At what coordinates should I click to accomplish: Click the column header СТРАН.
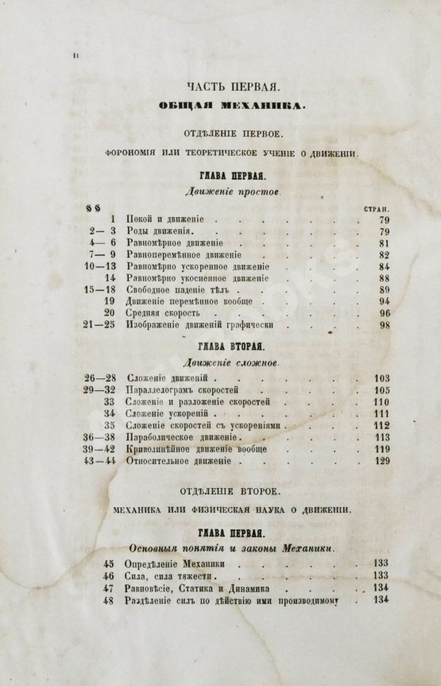(x=375, y=208)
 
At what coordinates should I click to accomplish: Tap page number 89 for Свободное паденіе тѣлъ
(x=384, y=291)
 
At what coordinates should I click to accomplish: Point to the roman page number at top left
(x=75, y=54)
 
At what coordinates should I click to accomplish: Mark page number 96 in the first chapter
(x=384, y=313)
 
